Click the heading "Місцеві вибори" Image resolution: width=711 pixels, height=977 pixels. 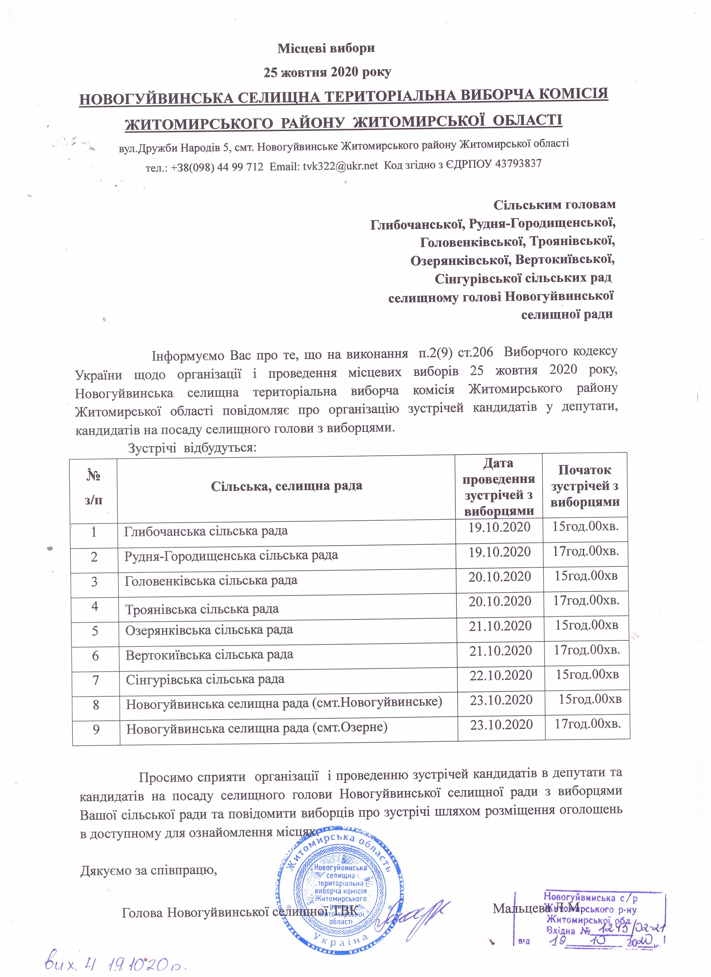326,48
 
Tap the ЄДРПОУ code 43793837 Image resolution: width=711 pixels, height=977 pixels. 516,164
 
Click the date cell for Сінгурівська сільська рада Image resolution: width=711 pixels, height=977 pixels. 501,675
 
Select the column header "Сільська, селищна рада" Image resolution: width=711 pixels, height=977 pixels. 286,486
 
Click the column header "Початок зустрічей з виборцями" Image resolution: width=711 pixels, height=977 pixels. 585,486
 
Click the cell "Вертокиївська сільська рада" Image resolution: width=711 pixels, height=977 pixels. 209,655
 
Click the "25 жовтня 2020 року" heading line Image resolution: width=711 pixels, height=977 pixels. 327,72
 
